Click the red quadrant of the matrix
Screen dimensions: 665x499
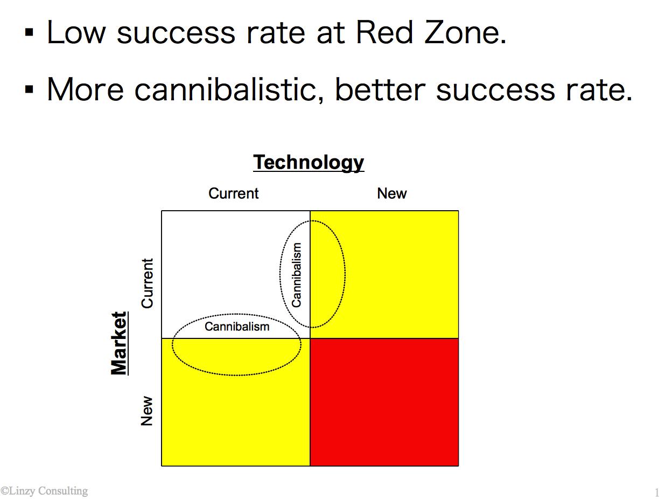tap(384, 402)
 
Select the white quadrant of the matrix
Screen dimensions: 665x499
tap(236, 274)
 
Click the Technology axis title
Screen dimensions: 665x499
tap(309, 163)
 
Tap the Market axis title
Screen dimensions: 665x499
tap(119, 343)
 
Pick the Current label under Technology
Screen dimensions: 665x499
tap(233, 193)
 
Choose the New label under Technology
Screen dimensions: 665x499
tap(391, 193)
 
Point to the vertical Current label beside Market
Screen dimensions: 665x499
tap(147, 283)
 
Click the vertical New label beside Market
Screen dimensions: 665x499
tap(147, 411)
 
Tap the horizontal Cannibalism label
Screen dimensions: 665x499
tap(237, 327)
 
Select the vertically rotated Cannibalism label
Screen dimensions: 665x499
tap(296, 275)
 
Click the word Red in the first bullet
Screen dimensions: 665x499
tap(384, 32)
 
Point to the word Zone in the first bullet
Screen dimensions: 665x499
tap(465, 32)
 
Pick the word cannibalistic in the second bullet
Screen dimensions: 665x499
tap(229, 90)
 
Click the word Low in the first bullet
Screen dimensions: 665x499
tap(76, 32)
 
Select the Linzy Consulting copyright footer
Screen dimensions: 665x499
tap(44, 491)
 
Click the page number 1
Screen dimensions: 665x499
tap(657, 492)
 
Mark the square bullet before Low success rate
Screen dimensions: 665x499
tap(29, 32)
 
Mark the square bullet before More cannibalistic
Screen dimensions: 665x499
tap(29, 89)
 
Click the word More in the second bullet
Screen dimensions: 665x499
tap(86, 90)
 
